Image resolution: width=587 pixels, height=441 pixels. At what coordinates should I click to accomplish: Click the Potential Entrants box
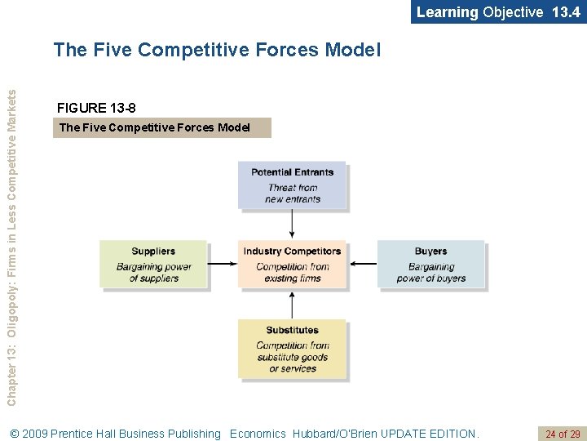292,185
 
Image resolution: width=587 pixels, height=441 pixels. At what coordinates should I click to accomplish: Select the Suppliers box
153,265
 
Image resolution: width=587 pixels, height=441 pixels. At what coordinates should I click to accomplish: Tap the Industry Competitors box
292,265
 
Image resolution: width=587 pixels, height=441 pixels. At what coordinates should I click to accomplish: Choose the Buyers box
430,265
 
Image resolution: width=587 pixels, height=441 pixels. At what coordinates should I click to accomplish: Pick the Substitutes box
292,349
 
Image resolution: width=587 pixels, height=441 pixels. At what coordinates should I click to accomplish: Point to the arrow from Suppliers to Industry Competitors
223,264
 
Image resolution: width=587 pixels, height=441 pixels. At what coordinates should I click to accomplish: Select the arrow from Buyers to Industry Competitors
362,264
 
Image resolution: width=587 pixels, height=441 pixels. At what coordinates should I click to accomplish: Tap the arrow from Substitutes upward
292,305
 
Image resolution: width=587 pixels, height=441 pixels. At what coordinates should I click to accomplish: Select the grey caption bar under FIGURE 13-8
161,127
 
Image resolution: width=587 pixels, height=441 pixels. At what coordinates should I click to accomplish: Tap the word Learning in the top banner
447,11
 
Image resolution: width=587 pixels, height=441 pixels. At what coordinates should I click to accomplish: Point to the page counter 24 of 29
563,434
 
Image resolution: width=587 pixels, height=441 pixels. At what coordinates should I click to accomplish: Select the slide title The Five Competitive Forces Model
217,50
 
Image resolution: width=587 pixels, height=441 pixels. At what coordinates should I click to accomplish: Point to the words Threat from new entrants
292,194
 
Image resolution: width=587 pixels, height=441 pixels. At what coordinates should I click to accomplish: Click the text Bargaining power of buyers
430,273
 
